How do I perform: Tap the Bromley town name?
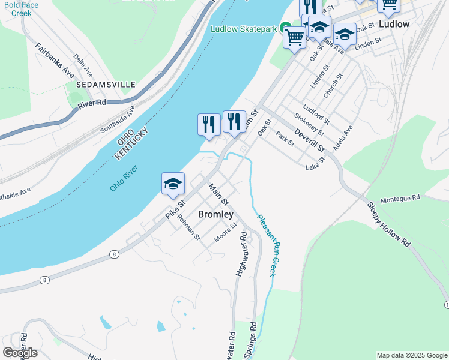215,214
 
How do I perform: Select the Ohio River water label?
124,178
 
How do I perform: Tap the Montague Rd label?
402,197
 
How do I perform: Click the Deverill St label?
309,140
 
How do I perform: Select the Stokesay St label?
309,124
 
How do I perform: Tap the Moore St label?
226,232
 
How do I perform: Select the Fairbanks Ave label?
54,61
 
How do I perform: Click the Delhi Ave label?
83,65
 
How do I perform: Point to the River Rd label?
92,104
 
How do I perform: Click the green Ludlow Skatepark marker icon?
286,29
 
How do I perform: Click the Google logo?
20,352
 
